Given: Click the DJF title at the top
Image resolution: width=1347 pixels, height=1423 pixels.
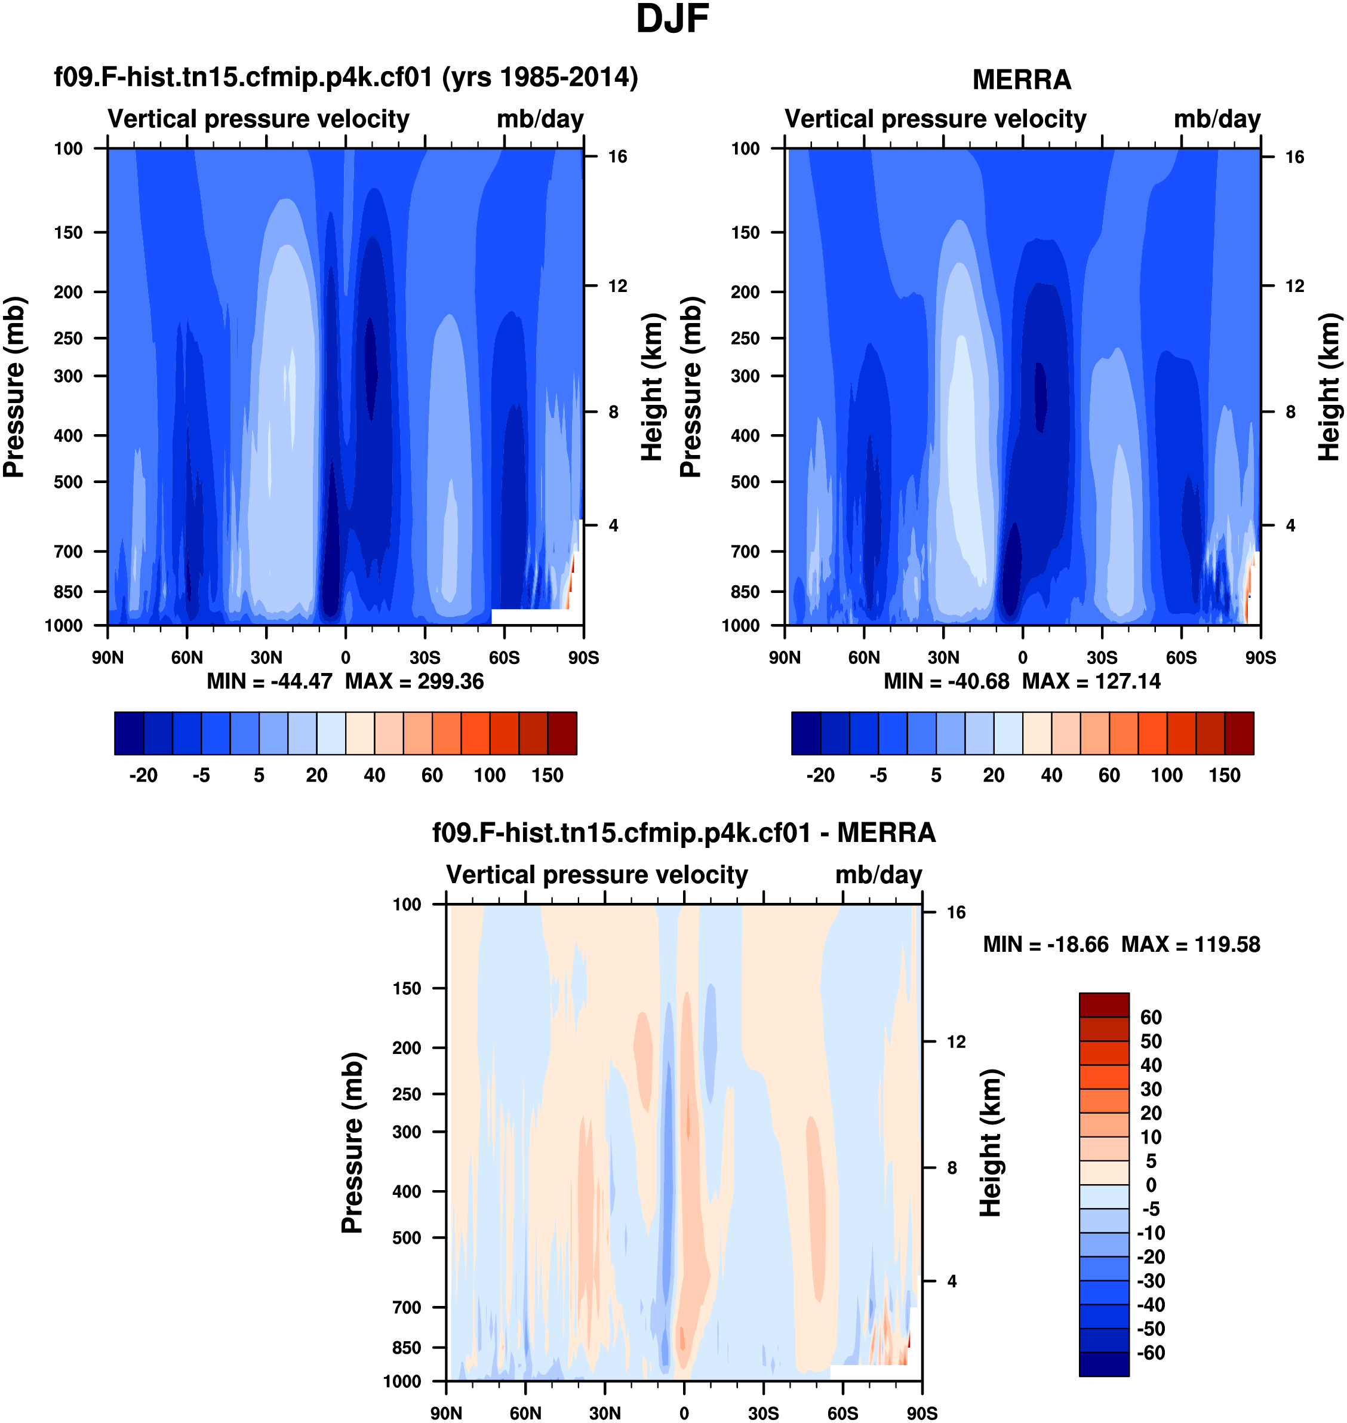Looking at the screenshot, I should [x=672, y=19].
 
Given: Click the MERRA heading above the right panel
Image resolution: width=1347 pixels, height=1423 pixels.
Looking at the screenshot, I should [x=1021, y=79].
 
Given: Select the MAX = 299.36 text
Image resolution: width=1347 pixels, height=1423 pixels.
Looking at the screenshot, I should [x=414, y=681].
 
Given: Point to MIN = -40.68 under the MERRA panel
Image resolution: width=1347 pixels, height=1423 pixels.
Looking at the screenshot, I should [x=946, y=681].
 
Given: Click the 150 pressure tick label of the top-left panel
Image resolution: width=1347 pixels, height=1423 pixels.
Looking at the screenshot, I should [x=68, y=233].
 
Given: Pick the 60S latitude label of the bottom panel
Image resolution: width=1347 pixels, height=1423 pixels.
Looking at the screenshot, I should [x=842, y=1413].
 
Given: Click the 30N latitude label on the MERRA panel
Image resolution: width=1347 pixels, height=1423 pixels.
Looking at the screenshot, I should [x=943, y=657].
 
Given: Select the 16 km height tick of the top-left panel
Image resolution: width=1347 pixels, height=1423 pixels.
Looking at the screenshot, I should [x=617, y=156].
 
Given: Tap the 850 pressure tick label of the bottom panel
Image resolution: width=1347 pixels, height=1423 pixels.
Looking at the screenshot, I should [x=407, y=1348].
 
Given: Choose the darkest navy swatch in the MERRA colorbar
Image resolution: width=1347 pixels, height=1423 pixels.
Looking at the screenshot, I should [x=805, y=733].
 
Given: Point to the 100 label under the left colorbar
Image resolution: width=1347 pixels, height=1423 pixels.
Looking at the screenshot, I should [x=490, y=776].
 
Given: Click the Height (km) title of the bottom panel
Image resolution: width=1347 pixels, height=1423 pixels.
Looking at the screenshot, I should [x=991, y=1143].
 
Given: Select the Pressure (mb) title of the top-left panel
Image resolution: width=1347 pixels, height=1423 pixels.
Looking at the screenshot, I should [x=14, y=387].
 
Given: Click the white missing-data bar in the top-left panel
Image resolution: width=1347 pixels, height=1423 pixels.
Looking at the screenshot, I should [x=535, y=616].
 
